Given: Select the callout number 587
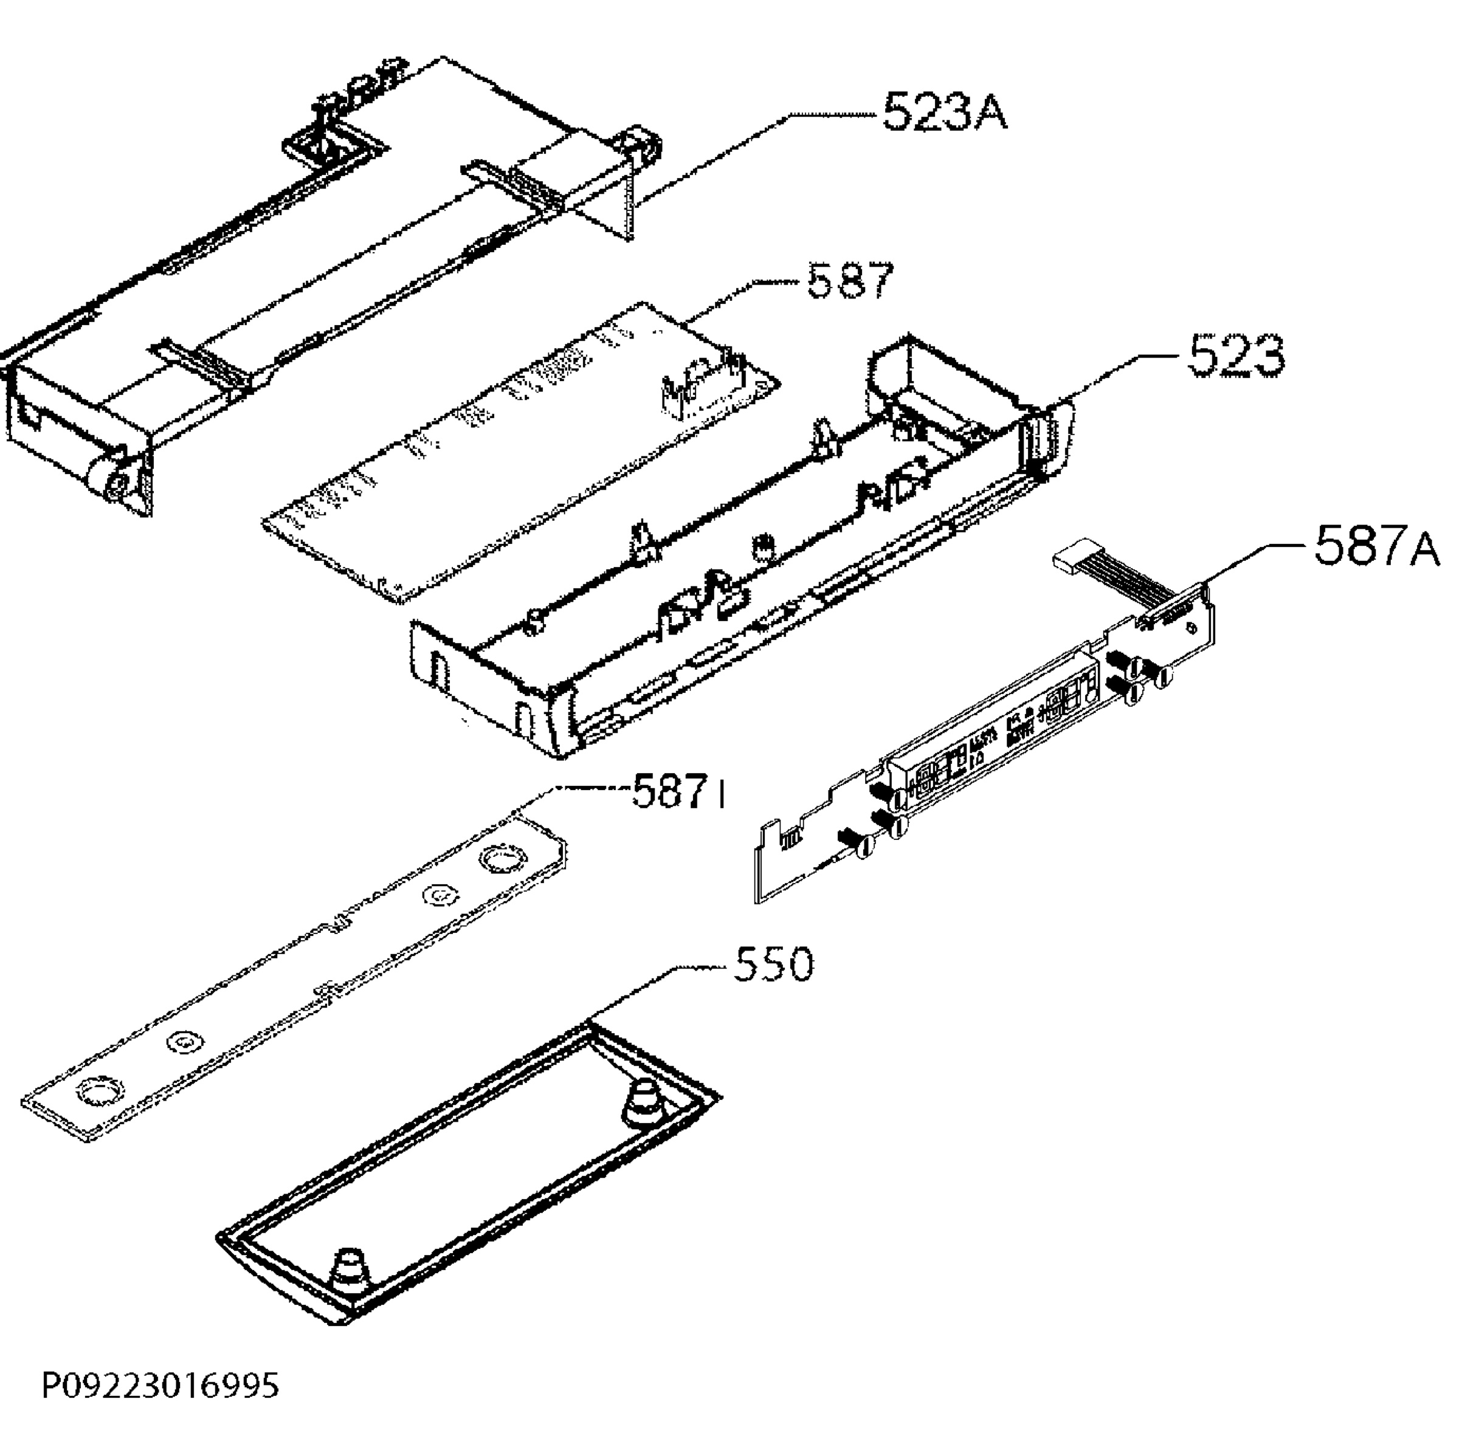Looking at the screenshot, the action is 850,281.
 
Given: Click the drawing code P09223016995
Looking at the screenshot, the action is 160,1385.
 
